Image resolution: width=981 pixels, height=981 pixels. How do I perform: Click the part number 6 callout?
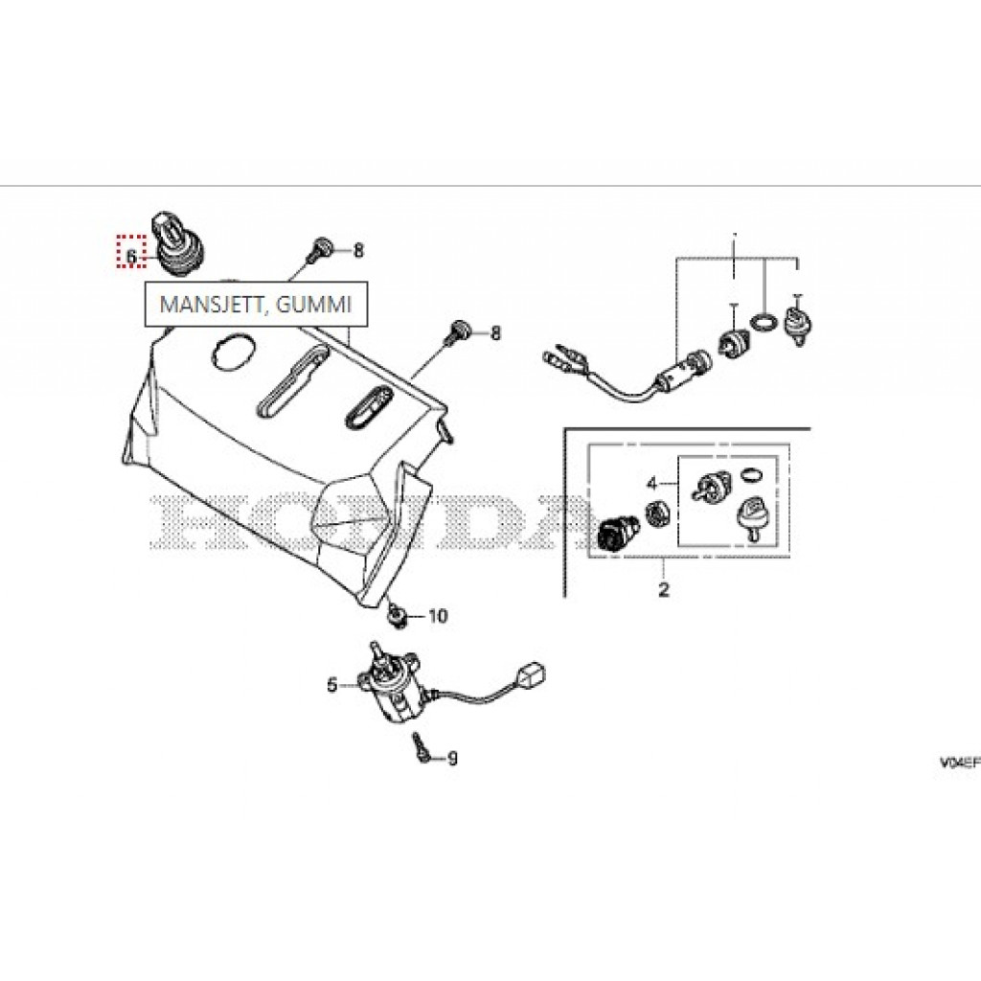131,256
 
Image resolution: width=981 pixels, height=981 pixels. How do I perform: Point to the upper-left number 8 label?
358,251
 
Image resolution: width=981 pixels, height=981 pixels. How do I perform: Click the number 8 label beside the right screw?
495,332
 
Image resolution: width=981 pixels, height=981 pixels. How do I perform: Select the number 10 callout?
438,616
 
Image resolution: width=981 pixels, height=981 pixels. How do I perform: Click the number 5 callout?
332,685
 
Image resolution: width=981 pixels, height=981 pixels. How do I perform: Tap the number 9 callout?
452,759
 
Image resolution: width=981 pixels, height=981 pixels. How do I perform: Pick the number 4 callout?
652,484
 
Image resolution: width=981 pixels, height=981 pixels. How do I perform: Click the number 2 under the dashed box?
663,589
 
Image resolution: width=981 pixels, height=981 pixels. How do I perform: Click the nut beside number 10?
396,615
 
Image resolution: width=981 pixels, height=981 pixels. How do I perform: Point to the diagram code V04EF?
958,762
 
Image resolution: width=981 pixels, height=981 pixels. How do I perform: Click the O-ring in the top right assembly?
763,323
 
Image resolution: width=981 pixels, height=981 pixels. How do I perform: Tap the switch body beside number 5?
387,686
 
